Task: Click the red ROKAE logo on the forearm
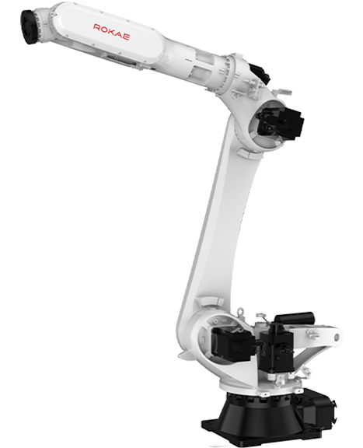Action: tap(111, 32)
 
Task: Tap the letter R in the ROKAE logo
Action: tap(97, 27)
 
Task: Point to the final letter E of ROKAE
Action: tap(126, 37)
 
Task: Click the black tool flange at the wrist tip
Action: tap(29, 26)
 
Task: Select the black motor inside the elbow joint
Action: tap(279, 121)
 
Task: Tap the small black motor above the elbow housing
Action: tap(260, 72)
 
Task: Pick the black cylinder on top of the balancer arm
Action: tap(294, 317)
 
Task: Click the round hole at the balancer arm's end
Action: tap(337, 337)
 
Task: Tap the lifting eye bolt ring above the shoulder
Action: tap(241, 311)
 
